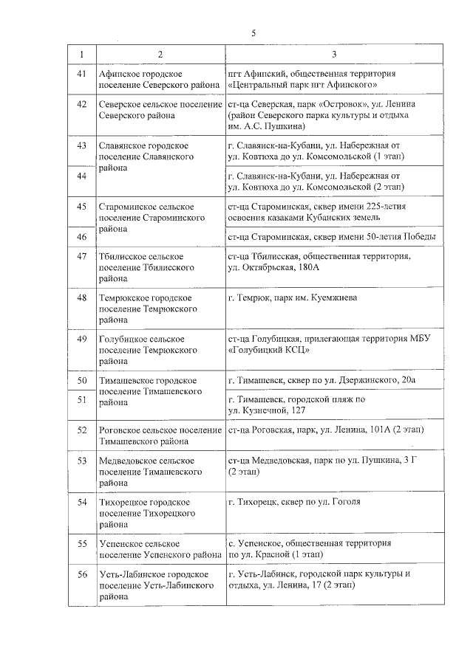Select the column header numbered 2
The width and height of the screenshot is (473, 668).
point(160,55)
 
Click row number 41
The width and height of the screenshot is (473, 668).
point(82,75)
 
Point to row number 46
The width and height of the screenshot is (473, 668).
point(82,237)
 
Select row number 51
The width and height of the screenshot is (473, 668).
point(82,399)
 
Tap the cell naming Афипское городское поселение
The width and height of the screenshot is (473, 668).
point(160,80)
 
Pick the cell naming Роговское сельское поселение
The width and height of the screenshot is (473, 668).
point(160,435)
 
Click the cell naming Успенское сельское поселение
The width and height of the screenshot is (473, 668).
point(160,549)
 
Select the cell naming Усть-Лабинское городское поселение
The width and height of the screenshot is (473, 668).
point(160,585)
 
